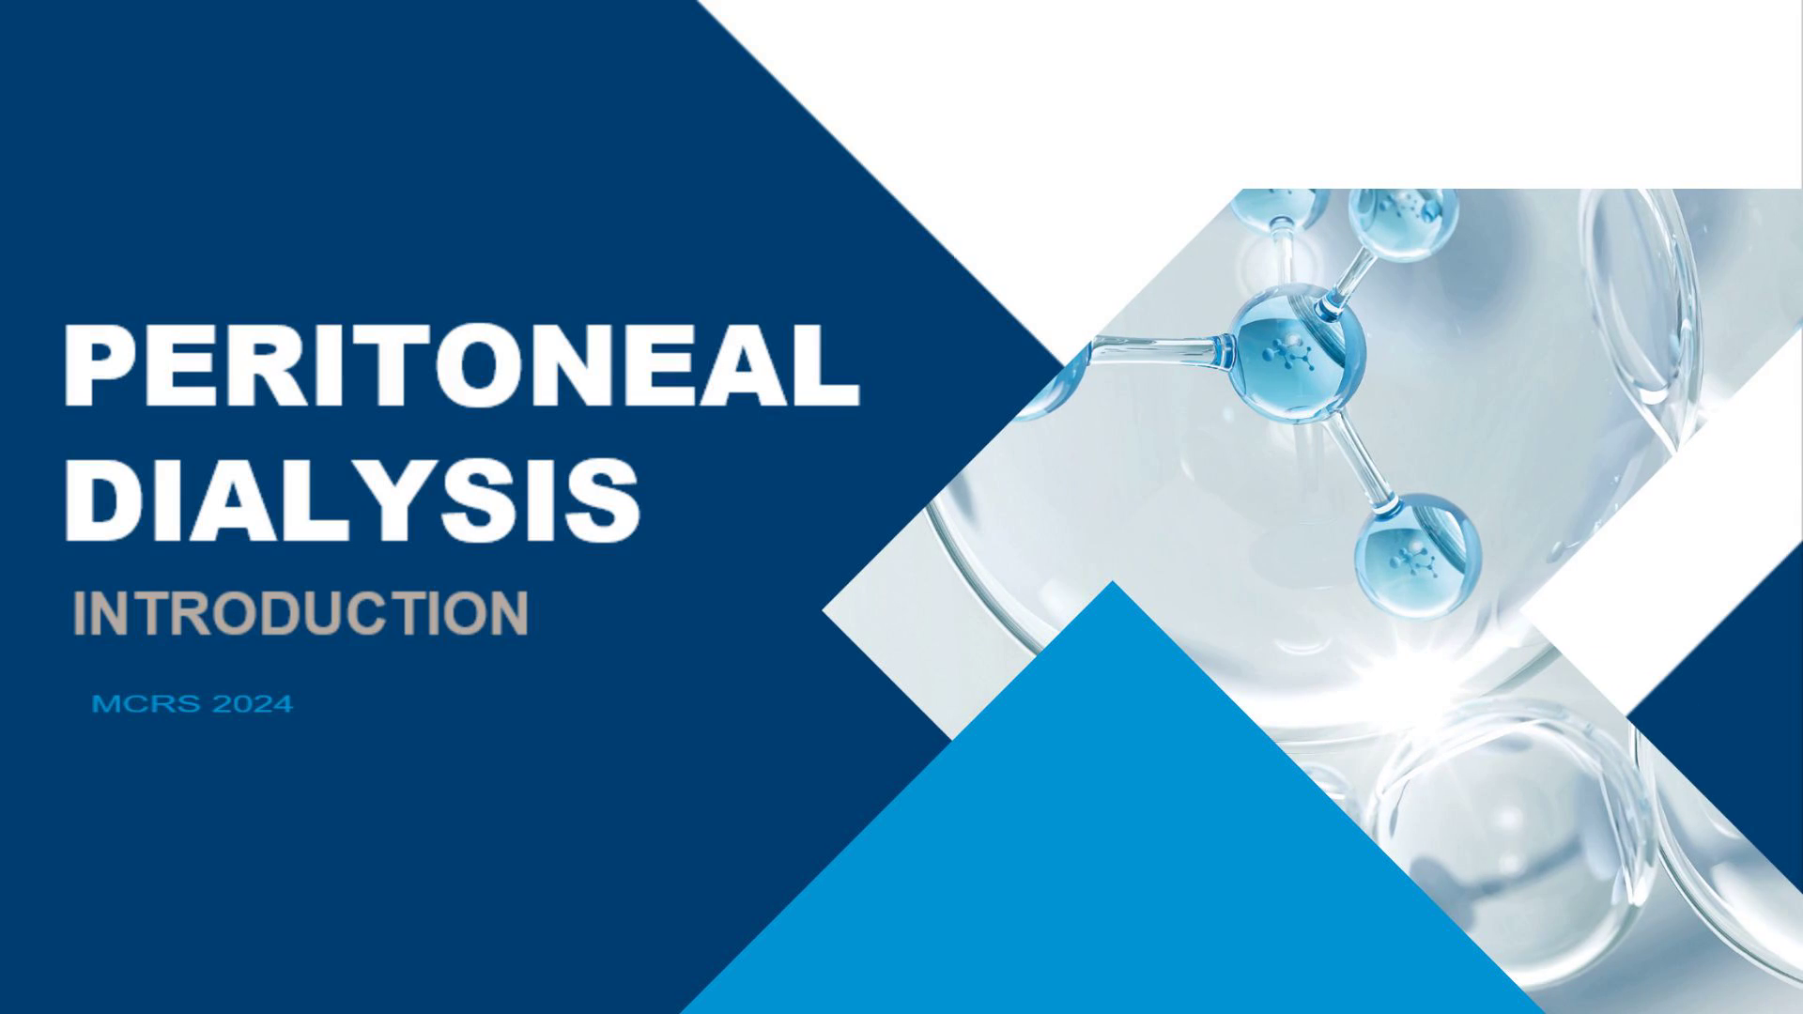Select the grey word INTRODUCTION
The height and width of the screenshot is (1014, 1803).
[300, 613]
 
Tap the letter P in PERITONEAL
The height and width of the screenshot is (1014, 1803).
[102, 364]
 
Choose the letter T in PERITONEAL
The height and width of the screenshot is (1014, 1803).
[364, 364]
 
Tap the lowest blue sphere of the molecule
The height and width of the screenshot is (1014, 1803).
[1417, 556]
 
